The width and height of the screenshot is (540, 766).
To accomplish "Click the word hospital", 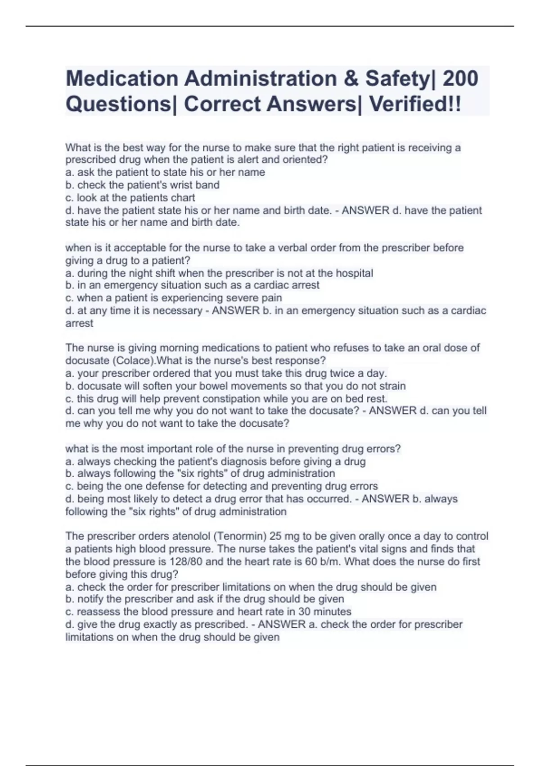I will pyautogui.click(x=355, y=273).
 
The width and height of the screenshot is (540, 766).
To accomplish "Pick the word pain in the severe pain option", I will pyautogui.click(x=272, y=298).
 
